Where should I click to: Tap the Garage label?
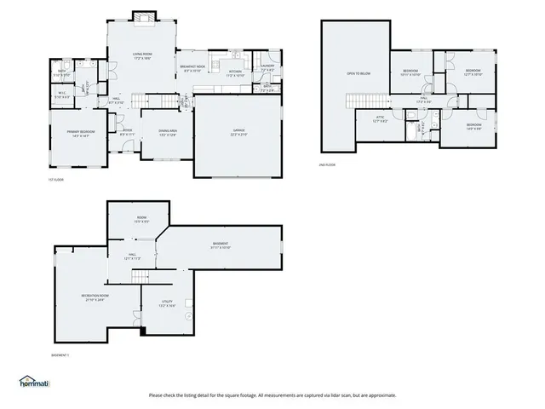tap(238, 134)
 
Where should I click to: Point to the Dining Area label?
tap(167, 132)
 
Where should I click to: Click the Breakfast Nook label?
tap(192, 68)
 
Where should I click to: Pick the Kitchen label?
tap(235, 72)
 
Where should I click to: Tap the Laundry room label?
tap(267, 68)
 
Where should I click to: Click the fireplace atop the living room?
tap(141, 17)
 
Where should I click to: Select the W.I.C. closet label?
tap(62, 95)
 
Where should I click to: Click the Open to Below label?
tap(358, 74)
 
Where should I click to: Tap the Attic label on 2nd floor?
tap(381, 119)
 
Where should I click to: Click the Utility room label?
tap(168, 303)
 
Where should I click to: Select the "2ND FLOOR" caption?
tap(328, 164)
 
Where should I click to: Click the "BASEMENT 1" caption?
tap(60, 354)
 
